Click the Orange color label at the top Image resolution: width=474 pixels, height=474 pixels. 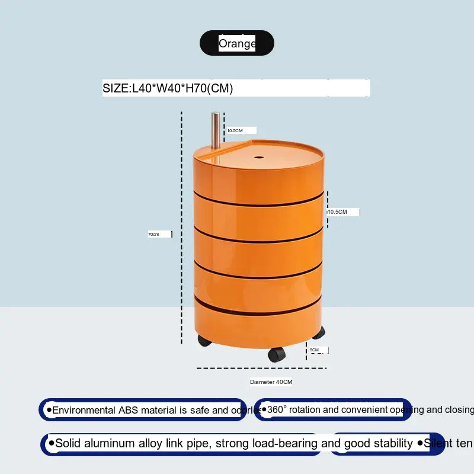[237, 43]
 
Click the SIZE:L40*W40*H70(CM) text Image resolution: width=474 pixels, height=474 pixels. [168, 88]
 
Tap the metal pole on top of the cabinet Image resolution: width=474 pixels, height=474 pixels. [216, 130]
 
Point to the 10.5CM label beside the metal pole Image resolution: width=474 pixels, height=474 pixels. [235, 130]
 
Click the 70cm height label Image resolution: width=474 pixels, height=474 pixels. [153, 234]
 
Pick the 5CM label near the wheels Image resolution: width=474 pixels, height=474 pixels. [314, 350]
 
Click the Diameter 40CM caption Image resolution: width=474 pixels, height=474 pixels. [271, 382]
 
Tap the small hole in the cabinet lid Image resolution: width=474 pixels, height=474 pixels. [260, 158]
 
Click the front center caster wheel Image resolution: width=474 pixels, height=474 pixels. [276, 354]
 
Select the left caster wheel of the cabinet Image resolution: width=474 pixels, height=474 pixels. [204, 341]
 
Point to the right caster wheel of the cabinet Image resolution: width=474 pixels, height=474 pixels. [319, 332]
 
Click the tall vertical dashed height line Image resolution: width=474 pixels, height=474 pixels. [182, 228]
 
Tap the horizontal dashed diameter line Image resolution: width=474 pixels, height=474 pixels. [261, 368]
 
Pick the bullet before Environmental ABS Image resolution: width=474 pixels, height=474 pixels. [49, 409]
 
